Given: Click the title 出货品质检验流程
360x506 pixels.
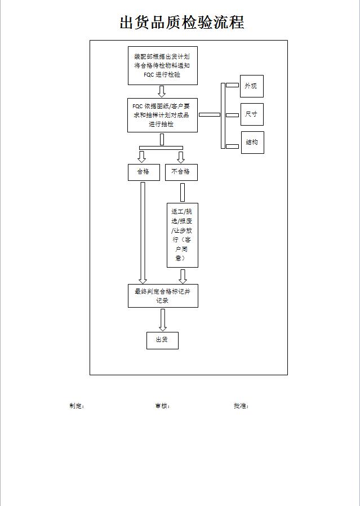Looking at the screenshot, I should (181, 23).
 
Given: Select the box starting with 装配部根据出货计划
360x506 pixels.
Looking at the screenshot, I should (162, 65).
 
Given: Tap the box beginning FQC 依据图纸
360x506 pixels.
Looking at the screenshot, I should (162, 115).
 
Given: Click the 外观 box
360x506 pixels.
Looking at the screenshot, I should (251, 86).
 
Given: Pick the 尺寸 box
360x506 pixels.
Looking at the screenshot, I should (251, 114).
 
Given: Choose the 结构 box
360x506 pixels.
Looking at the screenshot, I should (252, 143).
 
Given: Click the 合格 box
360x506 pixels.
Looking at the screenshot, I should (144, 172).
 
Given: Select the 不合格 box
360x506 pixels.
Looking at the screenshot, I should (181, 172).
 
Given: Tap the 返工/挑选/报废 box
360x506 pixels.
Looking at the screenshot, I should (182, 235).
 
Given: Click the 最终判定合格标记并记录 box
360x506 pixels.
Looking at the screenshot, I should (163, 296).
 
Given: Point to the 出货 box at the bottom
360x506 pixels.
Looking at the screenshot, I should (162, 340).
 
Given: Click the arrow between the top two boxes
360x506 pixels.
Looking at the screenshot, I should (162, 91).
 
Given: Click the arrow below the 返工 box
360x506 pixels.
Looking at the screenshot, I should (183, 276).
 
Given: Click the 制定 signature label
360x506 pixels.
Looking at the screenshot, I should (77, 406).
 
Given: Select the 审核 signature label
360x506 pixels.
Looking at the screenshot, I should (162, 406).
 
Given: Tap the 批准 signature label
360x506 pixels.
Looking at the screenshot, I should (241, 406).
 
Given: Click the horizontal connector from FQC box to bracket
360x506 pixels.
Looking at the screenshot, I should (210, 114).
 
